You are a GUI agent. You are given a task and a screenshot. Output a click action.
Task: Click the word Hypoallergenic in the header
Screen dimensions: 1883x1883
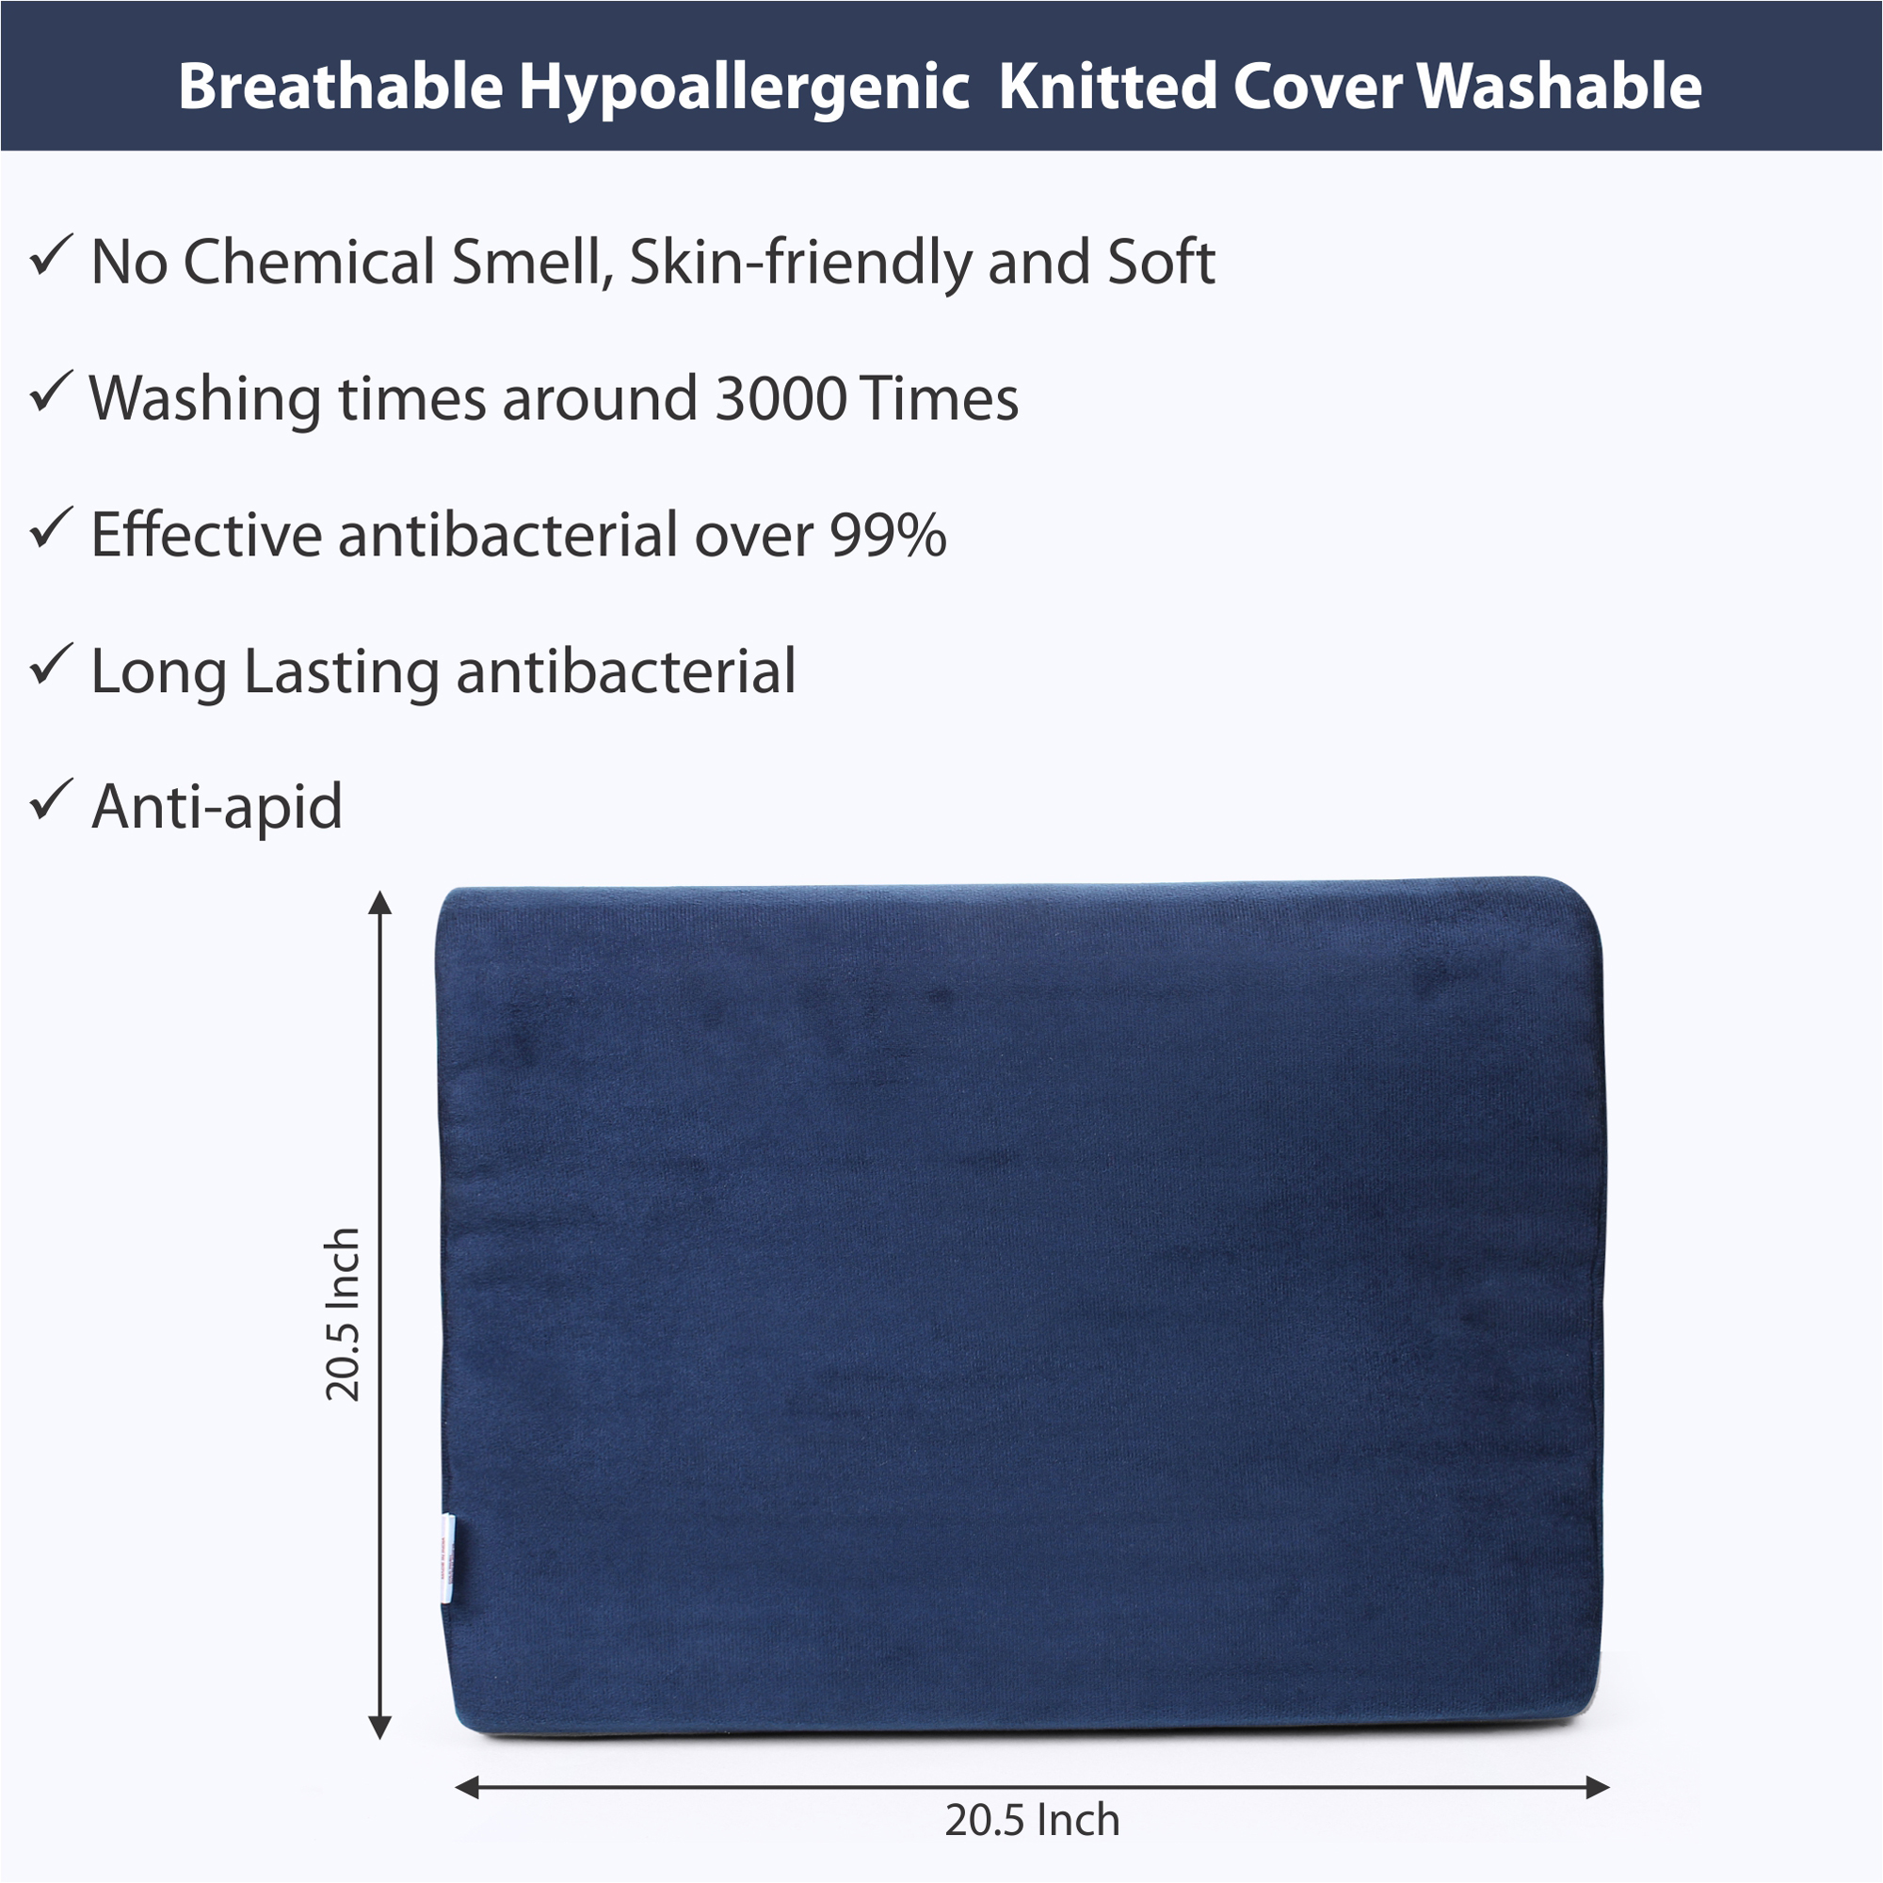pyautogui.click(x=744, y=88)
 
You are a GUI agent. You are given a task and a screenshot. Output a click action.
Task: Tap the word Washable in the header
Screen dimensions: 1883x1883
pyautogui.click(x=1559, y=86)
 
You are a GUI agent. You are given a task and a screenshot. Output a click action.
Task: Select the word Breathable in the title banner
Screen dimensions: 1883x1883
pyautogui.click(x=340, y=86)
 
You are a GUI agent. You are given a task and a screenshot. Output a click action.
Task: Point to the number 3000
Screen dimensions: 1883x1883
pyautogui.click(x=781, y=398)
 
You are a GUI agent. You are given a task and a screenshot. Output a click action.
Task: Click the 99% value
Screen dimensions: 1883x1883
pyautogui.click(x=888, y=535)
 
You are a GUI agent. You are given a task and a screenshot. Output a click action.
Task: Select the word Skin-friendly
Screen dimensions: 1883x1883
pyautogui.click(x=800, y=264)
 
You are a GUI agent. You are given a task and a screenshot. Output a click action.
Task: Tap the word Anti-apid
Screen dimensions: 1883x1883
pyautogui.click(x=217, y=808)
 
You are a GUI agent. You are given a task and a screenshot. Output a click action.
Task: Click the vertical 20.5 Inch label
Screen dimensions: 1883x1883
pyautogui.click(x=343, y=1313)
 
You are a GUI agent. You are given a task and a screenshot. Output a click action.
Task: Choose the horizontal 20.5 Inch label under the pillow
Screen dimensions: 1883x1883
pyautogui.click(x=1032, y=1821)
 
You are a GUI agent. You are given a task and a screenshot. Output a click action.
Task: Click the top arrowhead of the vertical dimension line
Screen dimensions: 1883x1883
pyautogui.click(x=380, y=903)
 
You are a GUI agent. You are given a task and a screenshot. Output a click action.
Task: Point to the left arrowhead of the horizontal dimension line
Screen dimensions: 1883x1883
pyautogui.click(x=468, y=1788)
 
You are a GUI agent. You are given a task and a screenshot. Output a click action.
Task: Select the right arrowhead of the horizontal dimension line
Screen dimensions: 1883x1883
pyautogui.click(x=1598, y=1788)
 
